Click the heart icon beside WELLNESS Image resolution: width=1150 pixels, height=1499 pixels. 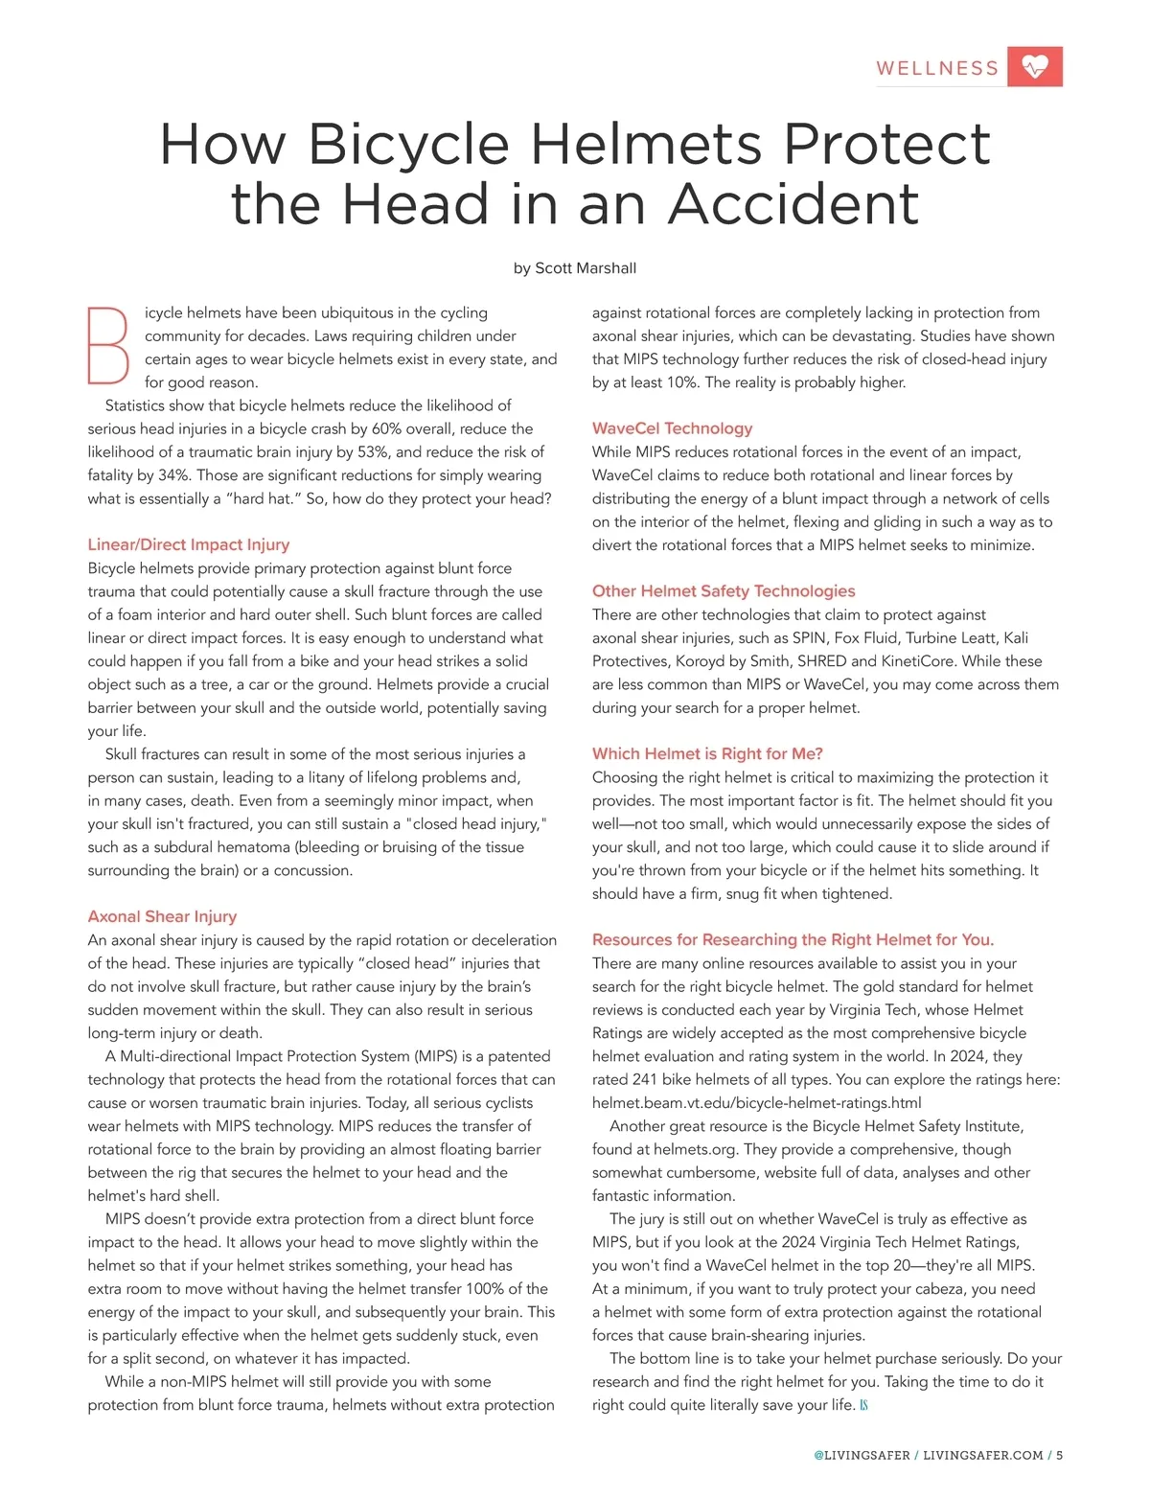(1035, 66)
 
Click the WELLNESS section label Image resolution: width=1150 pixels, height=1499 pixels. (937, 68)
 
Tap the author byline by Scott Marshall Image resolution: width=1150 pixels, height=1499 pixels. (575, 268)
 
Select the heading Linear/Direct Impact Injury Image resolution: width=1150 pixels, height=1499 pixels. (189, 544)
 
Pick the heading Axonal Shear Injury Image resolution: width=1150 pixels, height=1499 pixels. (162, 916)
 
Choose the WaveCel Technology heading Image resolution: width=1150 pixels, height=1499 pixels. (672, 428)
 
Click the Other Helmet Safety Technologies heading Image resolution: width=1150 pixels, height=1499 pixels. (724, 591)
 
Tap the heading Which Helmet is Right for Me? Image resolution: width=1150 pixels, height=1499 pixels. (707, 753)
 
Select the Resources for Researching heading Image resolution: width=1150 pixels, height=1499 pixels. (793, 939)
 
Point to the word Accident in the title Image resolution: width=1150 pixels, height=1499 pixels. (793, 204)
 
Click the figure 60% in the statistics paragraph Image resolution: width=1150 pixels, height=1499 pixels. (388, 428)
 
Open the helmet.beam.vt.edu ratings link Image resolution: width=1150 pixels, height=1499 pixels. (756, 1103)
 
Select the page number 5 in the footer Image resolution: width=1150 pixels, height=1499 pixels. (1060, 1455)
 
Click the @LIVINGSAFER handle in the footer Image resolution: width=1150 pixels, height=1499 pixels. (862, 1455)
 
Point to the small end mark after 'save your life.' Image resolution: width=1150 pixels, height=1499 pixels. (863, 1406)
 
